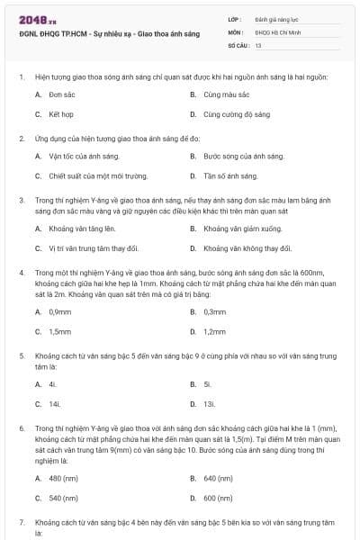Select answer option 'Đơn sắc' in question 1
coord(61,94)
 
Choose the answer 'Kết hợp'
coord(60,114)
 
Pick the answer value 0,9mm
coord(60,311)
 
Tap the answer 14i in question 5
coord(55,404)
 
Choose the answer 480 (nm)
coord(65,477)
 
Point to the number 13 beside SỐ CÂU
coord(258,44)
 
